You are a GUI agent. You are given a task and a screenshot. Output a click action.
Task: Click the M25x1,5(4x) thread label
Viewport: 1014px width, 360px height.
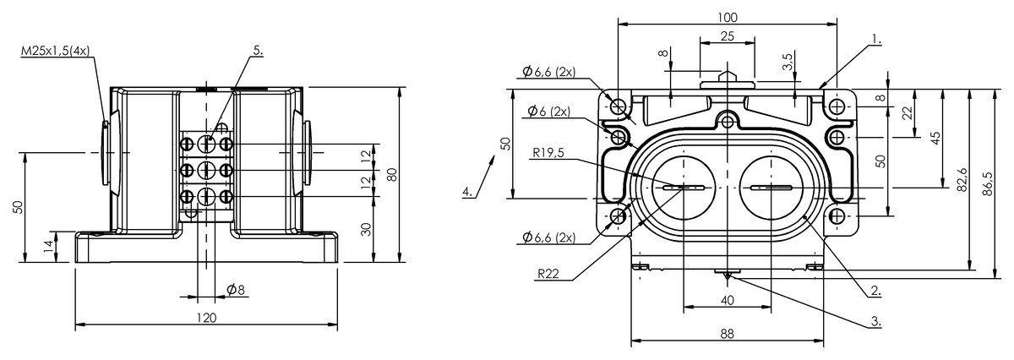55,52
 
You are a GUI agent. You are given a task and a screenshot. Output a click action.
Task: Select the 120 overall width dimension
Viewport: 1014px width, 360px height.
206,317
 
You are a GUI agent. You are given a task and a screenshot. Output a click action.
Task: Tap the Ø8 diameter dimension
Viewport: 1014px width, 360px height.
236,290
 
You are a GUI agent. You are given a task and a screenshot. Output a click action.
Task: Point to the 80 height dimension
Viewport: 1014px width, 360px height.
391,174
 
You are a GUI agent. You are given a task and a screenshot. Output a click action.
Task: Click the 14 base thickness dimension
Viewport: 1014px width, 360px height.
48,246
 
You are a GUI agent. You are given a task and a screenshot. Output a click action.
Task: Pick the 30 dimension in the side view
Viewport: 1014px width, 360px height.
365,229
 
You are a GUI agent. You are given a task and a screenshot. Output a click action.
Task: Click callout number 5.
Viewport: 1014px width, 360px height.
257,50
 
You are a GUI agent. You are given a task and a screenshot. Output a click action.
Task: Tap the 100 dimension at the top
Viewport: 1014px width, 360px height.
727,17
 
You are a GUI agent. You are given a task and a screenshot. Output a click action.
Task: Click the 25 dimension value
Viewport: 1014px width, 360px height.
727,35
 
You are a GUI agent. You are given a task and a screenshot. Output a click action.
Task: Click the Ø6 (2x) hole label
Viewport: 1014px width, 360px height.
548,112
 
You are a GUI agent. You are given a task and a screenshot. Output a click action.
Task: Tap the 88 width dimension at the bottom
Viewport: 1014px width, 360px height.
727,334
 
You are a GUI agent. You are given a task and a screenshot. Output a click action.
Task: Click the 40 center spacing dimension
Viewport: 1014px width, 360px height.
727,299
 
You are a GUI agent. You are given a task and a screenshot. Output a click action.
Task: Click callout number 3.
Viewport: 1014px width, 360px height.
876,321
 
